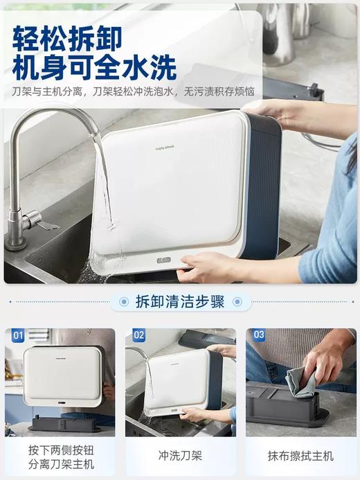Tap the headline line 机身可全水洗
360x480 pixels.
[x=94, y=68]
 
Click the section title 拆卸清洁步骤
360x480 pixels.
[x=181, y=302]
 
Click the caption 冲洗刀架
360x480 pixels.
[x=180, y=456]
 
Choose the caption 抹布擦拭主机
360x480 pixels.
[x=300, y=456]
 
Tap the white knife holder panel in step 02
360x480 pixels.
[x=179, y=381]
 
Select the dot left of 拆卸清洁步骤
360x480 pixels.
[x=124, y=302]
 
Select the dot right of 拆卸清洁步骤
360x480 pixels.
[x=237, y=302]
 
